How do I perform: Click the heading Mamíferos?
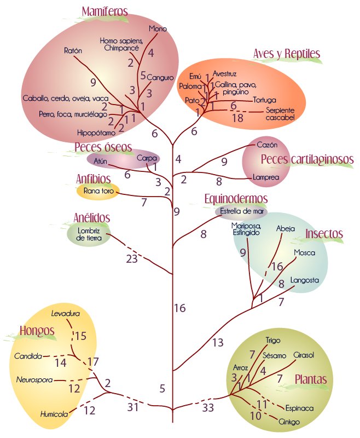pyautogui.click(x=104, y=11)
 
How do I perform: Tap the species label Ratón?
pyautogui.click(x=73, y=50)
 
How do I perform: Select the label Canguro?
pyautogui.click(x=160, y=77)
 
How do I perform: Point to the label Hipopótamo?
pyautogui.click(x=96, y=132)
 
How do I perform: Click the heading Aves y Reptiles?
pyautogui.click(x=286, y=54)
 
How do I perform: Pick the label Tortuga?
pyautogui.click(x=265, y=100)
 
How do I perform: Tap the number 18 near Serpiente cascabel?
pyautogui.click(x=237, y=118)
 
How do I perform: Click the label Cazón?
pyautogui.click(x=267, y=145)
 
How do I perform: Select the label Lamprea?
pyautogui.click(x=266, y=177)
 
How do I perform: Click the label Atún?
pyautogui.click(x=100, y=161)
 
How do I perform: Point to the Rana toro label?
pyautogui.click(x=98, y=191)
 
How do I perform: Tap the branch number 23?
pyautogui.click(x=132, y=258)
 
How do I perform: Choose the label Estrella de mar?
pyautogui.click(x=242, y=211)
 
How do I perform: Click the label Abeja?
pyautogui.click(x=286, y=229)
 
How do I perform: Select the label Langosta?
pyautogui.click(x=304, y=280)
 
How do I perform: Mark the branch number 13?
pyautogui.click(x=218, y=343)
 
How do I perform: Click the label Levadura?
pyautogui.click(x=65, y=313)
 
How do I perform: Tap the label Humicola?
pyautogui.click(x=54, y=414)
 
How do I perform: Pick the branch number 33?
pyautogui.click(x=208, y=407)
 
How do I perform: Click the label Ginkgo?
pyautogui.click(x=289, y=422)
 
